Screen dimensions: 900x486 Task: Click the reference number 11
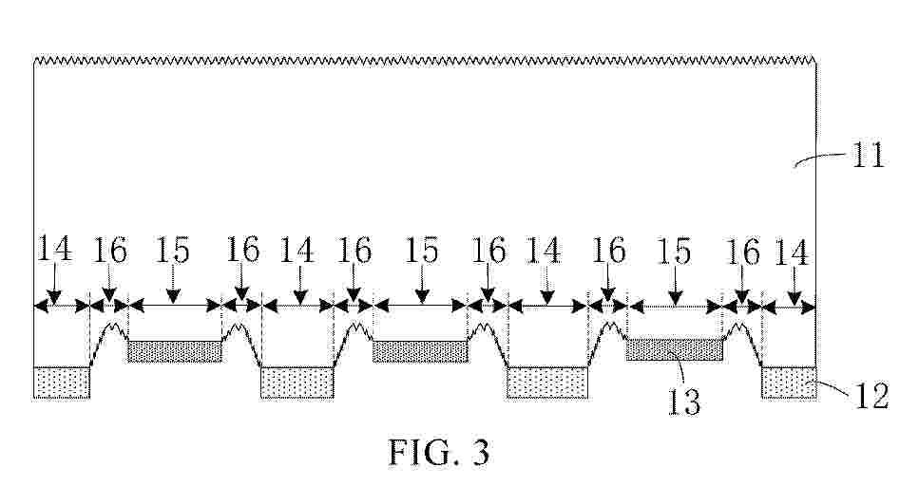pos(869,155)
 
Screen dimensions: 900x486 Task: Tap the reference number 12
pos(871,396)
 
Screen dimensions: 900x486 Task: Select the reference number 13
pos(684,402)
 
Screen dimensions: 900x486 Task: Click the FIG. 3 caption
pos(440,452)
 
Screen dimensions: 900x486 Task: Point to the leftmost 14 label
pos(54,249)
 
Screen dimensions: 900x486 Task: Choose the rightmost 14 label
pos(792,252)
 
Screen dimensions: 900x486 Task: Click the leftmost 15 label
pos(172,251)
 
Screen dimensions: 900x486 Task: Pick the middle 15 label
pos(423,251)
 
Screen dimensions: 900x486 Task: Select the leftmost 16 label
pos(109,251)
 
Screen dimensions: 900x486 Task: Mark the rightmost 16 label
pos(743,252)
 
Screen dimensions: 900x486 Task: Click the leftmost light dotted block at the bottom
pos(62,383)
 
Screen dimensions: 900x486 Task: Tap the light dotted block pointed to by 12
pos(789,383)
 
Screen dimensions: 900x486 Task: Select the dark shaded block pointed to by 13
pos(674,349)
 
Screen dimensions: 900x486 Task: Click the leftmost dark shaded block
pos(174,351)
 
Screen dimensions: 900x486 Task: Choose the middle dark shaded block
pos(420,351)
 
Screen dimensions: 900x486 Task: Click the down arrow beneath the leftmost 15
pos(173,283)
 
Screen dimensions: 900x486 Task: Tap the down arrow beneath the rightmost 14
pos(795,286)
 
